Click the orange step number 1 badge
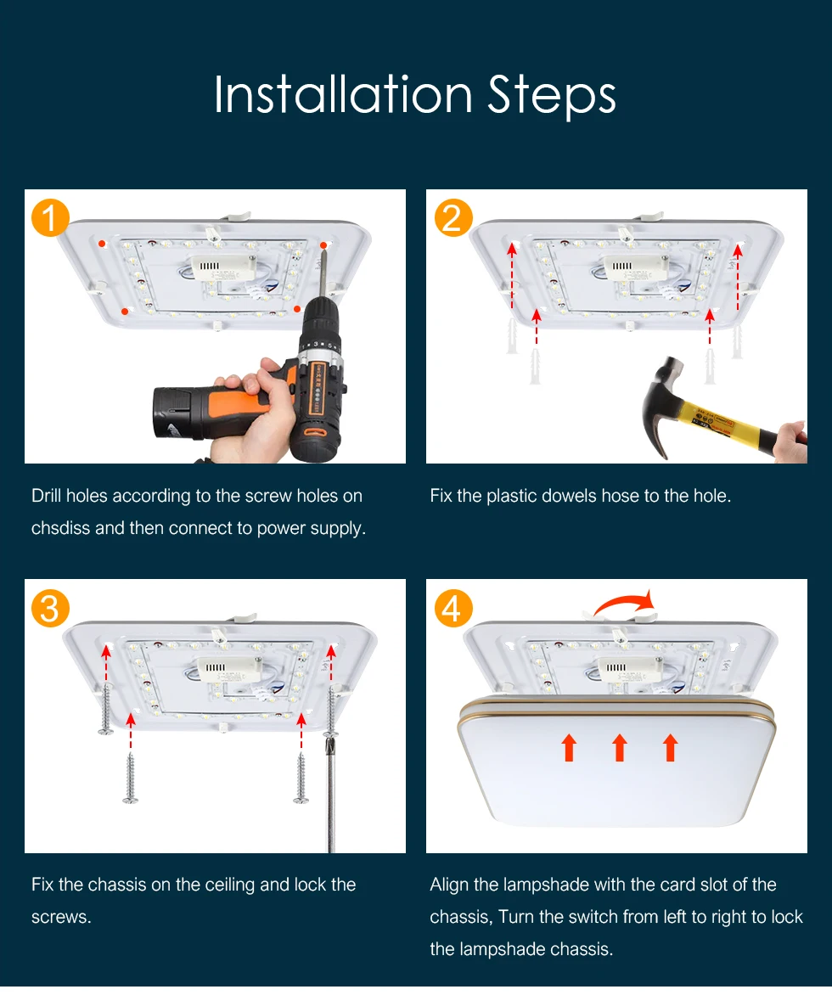pos(50,217)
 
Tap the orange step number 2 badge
pos(453,217)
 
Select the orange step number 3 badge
pos(50,608)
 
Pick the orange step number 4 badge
pos(453,608)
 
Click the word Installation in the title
pos(343,94)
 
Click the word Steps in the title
pos(552,96)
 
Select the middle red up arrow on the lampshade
pos(620,747)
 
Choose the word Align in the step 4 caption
pos(450,885)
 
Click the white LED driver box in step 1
pos(224,267)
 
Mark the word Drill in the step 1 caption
pos(47,496)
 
